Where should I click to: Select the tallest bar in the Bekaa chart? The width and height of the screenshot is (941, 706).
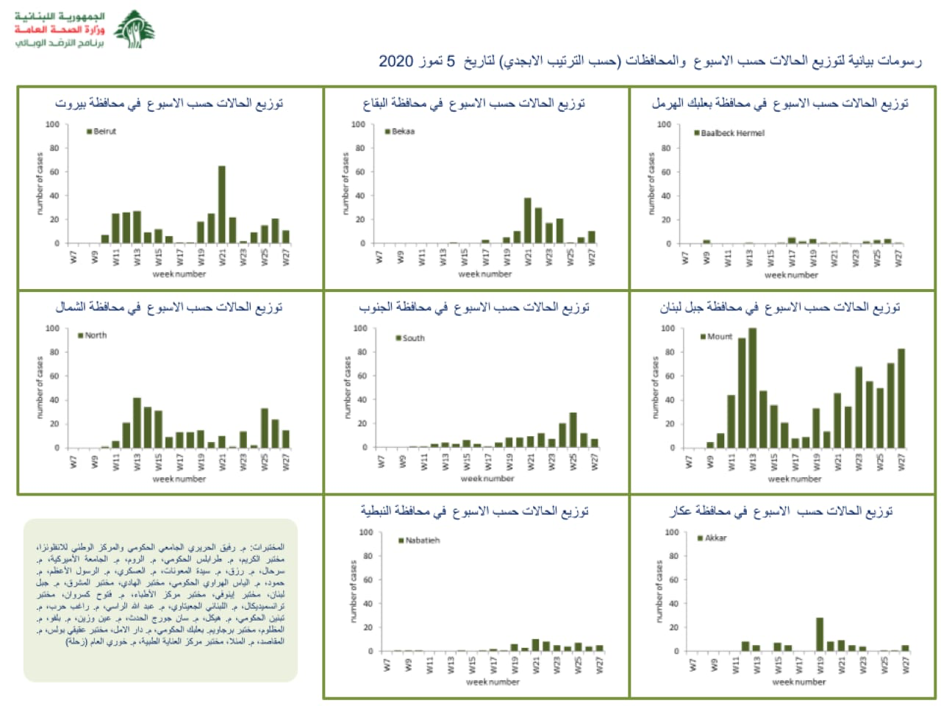tap(527, 220)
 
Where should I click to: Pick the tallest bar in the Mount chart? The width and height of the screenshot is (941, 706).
tap(752, 388)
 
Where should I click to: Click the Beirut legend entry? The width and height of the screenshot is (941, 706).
tap(101, 132)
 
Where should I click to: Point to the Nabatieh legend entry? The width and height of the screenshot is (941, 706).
tap(419, 541)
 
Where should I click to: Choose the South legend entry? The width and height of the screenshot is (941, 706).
tap(410, 338)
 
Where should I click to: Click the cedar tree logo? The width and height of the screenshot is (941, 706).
tap(135, 29)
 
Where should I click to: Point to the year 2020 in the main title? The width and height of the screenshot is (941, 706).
tap(396, 61)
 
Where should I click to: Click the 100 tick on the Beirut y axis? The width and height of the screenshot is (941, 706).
tap(52, 124)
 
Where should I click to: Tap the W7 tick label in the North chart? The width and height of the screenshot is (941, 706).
tap(74, 462)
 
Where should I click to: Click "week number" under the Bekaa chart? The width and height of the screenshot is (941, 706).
tap(484, 274)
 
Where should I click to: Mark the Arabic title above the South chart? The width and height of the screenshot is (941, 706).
tap(474, 307)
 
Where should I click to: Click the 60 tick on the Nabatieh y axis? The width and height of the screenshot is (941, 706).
tap(368, 580)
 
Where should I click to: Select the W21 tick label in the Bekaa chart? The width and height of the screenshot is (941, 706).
tap(528, 257)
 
